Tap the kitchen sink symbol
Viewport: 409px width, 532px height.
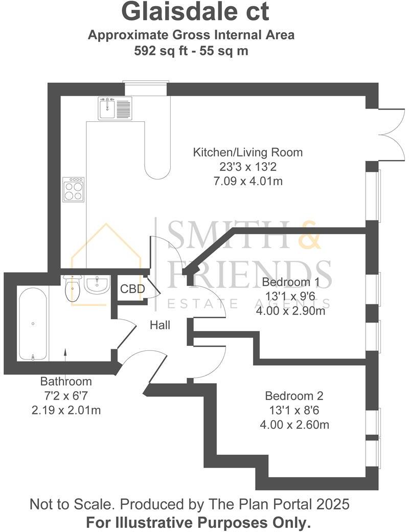point(115,108)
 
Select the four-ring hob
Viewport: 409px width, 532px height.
point(73,189)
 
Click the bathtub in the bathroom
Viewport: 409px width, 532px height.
point(33,323)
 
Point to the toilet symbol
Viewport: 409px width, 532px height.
point(72,289)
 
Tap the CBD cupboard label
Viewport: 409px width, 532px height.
point(132,290)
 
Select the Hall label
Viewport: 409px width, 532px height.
point(160,325)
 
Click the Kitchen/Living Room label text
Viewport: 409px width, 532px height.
point(247,152)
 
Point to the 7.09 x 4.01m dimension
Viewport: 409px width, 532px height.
point(247,181)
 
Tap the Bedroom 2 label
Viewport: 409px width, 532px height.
point(294,395)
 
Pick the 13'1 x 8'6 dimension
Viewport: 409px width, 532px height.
point(294,410)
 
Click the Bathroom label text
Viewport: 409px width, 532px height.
point(66,381)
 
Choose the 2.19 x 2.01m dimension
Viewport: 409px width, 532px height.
point(66,410)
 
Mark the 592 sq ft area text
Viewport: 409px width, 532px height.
point(161,51)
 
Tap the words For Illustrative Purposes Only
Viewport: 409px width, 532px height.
point(198,523)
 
